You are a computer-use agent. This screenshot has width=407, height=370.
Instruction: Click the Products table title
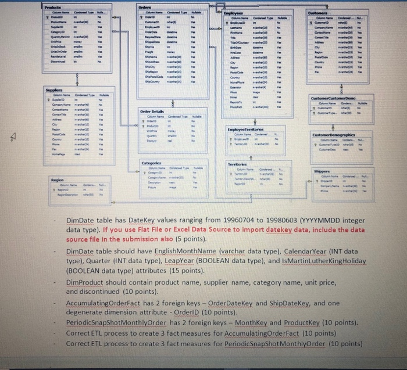(54, 5)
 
